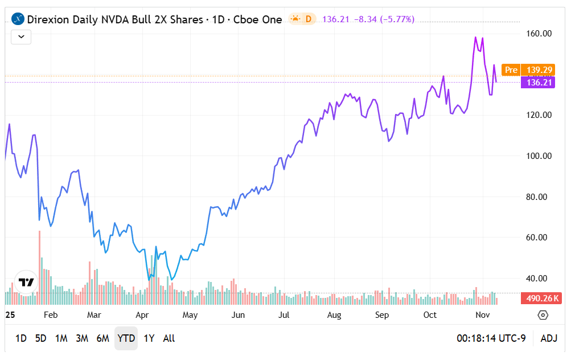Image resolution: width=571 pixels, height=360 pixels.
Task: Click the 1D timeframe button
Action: pyautogui.click(x=20, y=338)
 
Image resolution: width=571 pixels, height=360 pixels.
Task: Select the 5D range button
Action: pyautogui.click(x=40, y=338)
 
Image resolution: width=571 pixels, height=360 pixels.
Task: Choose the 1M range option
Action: pyautogui.click(x=61, y=338)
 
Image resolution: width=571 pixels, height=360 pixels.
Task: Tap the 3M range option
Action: pyautogui.click(x=82, y=338)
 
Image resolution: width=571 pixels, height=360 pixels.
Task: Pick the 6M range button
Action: pyautogui.click(x=102, y=338)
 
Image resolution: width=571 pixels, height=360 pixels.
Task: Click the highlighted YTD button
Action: pyautogui.click(x=126, y=338)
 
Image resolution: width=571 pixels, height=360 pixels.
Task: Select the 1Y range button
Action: pyautogui.click(x=149, y=338)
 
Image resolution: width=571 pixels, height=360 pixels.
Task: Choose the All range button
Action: pyautogui.click(x=169, y=338)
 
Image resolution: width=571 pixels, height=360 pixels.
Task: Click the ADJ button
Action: pyautogui.click(x=549, y=338)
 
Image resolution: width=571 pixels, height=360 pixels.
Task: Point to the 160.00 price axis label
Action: pyautogui.click(x=538, y=34)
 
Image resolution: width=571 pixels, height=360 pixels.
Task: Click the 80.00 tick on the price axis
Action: pyautogui.click(x=538, y=197)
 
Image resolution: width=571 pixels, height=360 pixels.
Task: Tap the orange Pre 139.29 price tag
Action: pyautogui.click(x=528, y=70)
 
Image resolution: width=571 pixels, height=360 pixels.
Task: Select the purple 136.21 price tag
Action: pyautogui.click(x=537, y=83)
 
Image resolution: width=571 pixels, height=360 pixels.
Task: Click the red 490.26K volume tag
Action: pyautogui.click(x=542, y=298)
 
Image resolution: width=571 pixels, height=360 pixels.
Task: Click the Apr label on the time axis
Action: pyautogui.click(x=142, y=315)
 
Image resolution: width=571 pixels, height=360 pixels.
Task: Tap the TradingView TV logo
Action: pyautogui.click(x=26, y=282)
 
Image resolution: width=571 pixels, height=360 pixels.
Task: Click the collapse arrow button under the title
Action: pyautogui.click(x=21, y=37)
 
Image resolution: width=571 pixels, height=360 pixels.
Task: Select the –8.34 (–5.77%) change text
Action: pyautogui.click(x=384, y=19)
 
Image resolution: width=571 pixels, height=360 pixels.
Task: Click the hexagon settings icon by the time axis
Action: pyautogui.click(x=543, y=315)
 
